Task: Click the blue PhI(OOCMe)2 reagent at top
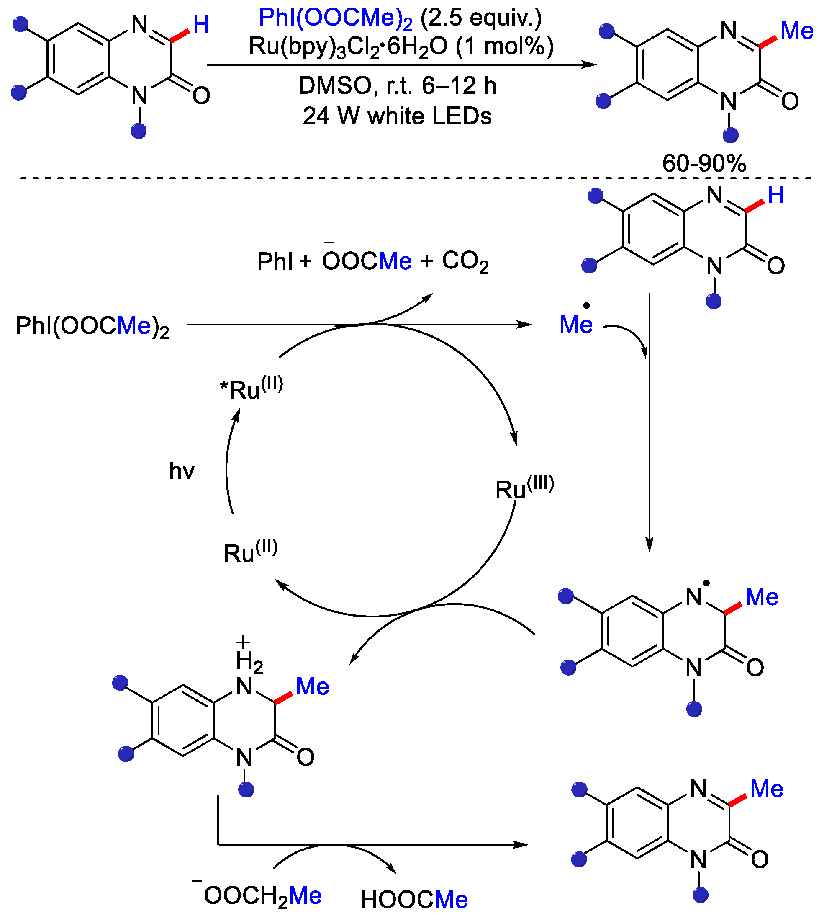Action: click(x=336, y=18)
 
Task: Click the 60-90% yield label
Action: click(x=704, y=163)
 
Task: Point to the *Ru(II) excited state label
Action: click(x=251, y=388)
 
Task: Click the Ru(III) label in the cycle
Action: click(x=524, y=488)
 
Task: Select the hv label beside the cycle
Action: click(x=182, y=471)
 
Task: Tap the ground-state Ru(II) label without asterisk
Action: click(x=250, y=552)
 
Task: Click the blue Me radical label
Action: click(x=575, y=325)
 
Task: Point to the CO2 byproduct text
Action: click(x=465, y=261)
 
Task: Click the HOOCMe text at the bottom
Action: click(x=414, y=900)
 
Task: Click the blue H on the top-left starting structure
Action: click(x=201, y=24)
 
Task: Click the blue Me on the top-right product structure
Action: click(x=796, y=30)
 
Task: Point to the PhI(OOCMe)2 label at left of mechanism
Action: click(x=92, y=326)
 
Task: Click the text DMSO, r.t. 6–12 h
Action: click(x=397, y=85)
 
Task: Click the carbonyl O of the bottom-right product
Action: click(x=760, y=860)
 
